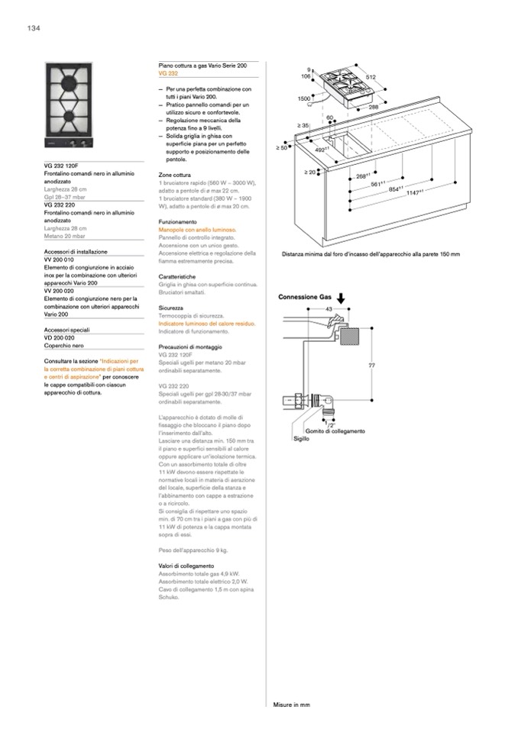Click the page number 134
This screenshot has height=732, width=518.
33,28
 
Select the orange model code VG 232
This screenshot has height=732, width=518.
168,73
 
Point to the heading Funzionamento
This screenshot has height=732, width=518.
178,222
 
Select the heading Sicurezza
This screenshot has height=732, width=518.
171,308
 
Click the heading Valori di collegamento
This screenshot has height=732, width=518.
186,566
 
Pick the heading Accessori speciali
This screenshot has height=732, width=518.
67,329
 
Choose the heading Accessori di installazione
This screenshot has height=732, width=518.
76,251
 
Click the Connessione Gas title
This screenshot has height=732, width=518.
304,297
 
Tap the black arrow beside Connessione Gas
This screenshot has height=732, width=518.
341,298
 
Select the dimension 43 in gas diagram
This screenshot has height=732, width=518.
329,309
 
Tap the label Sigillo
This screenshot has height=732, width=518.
301,440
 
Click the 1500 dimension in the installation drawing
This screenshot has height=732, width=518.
303,99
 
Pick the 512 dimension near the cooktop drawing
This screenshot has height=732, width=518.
371,78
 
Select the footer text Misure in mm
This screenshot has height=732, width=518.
291,705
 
